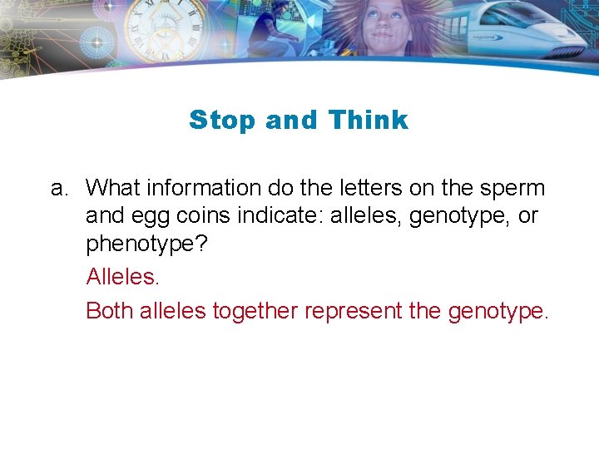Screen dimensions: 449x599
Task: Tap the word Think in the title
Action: pyautogui.click(x=368, y=120)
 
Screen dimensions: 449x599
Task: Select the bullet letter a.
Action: pyautogui.click(x=58, y=188)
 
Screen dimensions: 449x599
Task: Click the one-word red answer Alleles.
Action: pyautogui.click(x=121, y=278)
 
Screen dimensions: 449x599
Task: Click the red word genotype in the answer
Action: pyautogui.click(x=498, y=312)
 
